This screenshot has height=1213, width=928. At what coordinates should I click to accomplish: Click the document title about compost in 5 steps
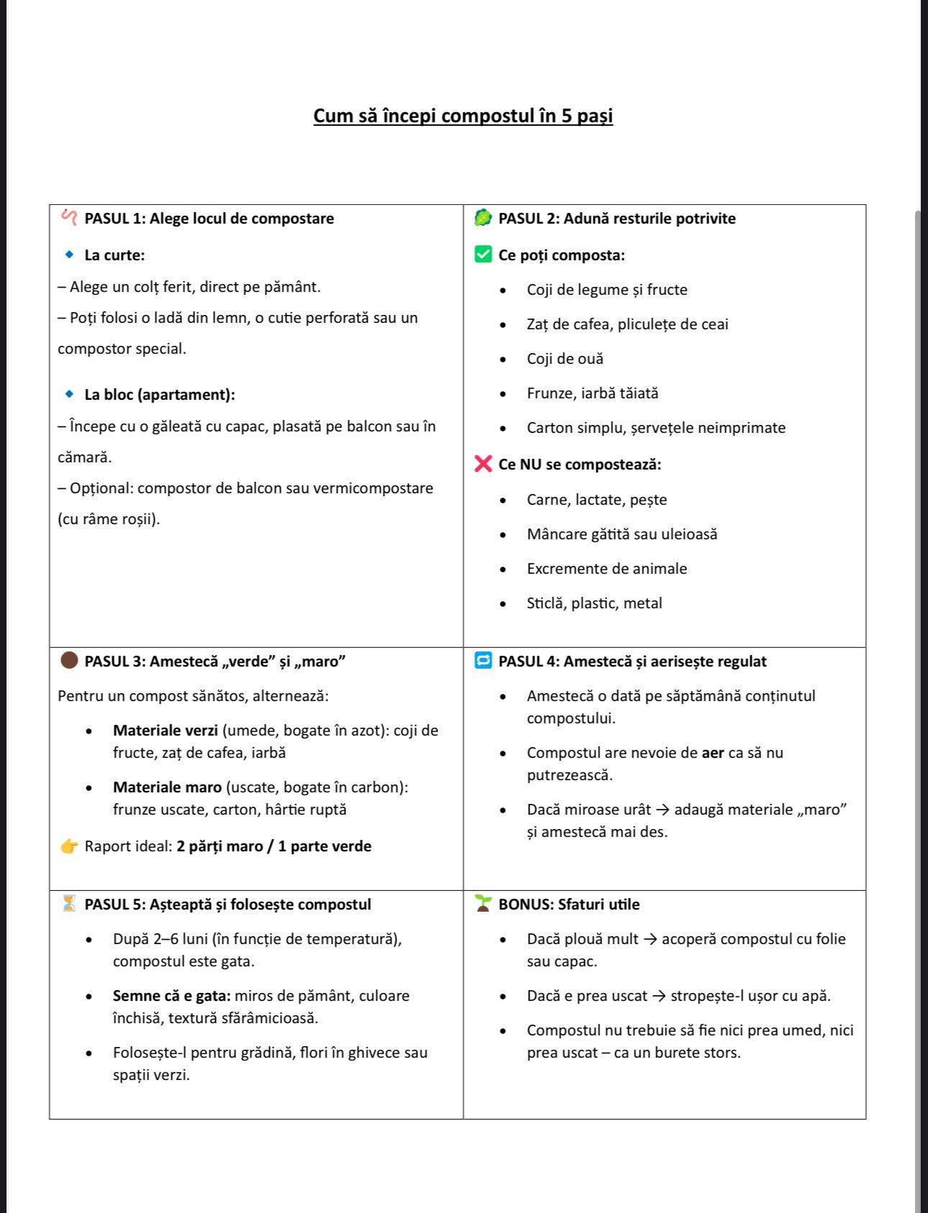click(x=463, y=116)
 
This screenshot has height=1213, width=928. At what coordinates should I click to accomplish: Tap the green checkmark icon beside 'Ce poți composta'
click(x=483, y=255)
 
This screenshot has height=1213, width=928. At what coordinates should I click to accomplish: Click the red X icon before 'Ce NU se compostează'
click(x=483, y=464)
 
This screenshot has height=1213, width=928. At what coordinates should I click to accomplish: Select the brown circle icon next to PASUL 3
click(x=69, y=661)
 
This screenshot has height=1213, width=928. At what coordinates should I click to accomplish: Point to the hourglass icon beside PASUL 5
click(x=69, y=904)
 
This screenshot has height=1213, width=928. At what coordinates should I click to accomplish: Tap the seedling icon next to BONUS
click(x=483, y=904)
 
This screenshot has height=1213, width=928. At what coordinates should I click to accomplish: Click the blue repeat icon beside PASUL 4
click(x=483, y=661)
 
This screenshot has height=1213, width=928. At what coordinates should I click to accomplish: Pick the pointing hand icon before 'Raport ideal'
click(x=69, y=846)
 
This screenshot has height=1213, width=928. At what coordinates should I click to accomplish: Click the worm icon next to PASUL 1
click(x=69, y=217)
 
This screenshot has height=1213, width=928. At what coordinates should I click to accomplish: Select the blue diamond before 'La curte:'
click(x=69, y=255)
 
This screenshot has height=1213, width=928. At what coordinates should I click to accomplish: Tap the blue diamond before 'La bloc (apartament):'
click(x=69, y=394)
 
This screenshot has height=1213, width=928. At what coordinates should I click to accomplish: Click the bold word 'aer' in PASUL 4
click(x=712, y=753)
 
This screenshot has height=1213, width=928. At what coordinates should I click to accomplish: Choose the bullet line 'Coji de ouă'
click(x=565, y=359)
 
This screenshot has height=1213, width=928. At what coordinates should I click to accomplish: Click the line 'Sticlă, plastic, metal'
click(x=594, y=603)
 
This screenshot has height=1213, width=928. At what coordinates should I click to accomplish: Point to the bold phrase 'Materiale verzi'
click(x=165, y=731)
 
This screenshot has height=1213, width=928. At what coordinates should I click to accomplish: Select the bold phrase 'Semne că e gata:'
click(x=171, y=996)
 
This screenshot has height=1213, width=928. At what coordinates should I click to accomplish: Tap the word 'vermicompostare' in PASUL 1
click(x=378, y=488)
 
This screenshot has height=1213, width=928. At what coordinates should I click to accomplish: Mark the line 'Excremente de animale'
click(x=606, y=569)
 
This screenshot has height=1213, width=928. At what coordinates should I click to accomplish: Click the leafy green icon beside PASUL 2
click(x=483, y=218)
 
